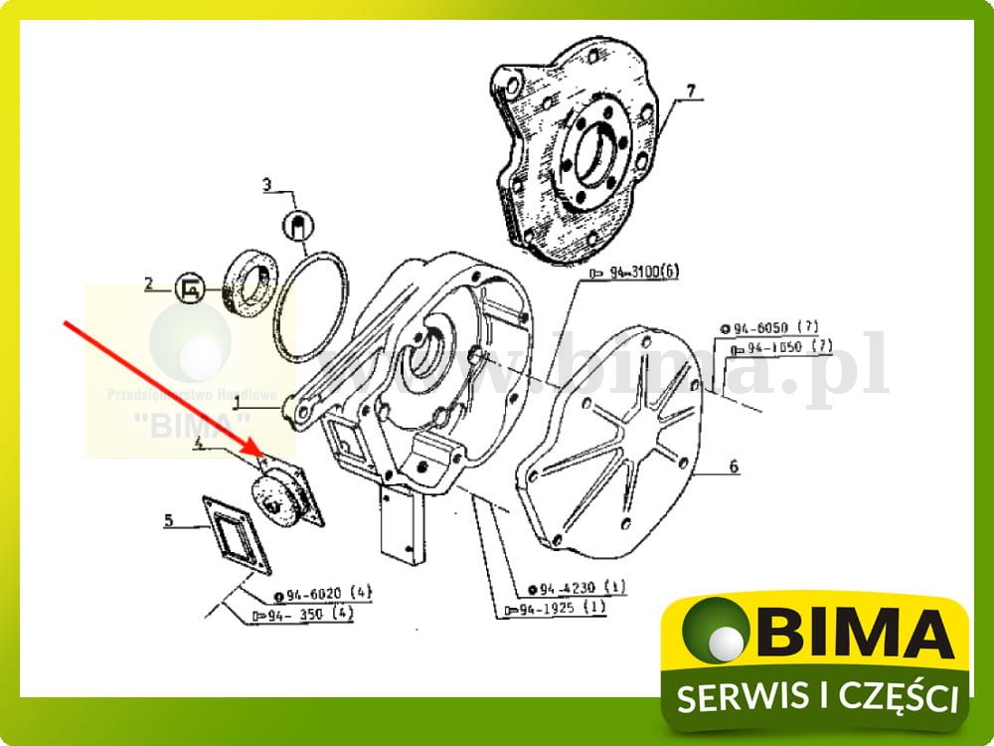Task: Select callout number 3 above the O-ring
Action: pyautogui.click(x=266, y=184)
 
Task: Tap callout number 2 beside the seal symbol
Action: pyautogui.click(x=149, y=284)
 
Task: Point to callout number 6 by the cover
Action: pyautogui.click(x=734, y=466)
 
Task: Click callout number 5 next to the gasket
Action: pyautogui.click(x=169, y=520)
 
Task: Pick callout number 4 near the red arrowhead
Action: pyautogui.click(x=200, y=447)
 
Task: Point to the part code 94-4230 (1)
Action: pyautogui.click(x=576, y=587)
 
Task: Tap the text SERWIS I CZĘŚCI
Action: pyautogui.click(x=817, y=695)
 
